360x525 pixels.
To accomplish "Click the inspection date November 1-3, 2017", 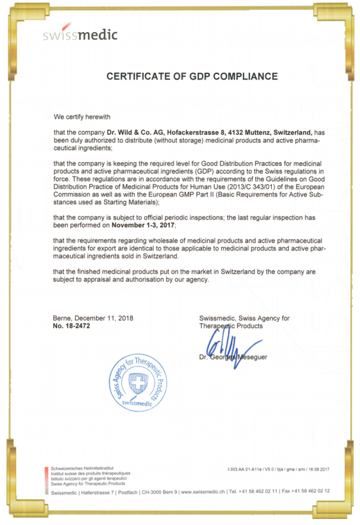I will pyautogui.click(x=144, y=225).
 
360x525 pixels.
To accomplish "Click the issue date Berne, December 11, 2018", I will pyautogui.click(x=93, y=318).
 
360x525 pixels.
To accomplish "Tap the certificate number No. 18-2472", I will pyautogui.click(x=71, y=326).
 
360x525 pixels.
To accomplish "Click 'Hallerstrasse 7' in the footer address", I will pyautogui.click(x=96, y=491).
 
